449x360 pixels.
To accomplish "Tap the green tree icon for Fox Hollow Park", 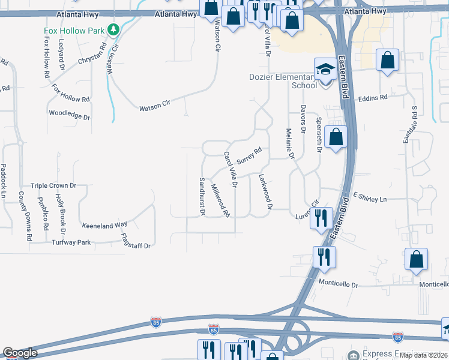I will click(x=113, y=29).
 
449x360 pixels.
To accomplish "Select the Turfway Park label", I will click(x=71, y=242).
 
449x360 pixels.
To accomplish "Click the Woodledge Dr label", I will click(x=69, y=113).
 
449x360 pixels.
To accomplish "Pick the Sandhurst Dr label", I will click(x=202, y=196).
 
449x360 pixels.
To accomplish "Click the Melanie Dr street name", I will click(x=291, y=144).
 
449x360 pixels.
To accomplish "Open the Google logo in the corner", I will click(x=20, y=353).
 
